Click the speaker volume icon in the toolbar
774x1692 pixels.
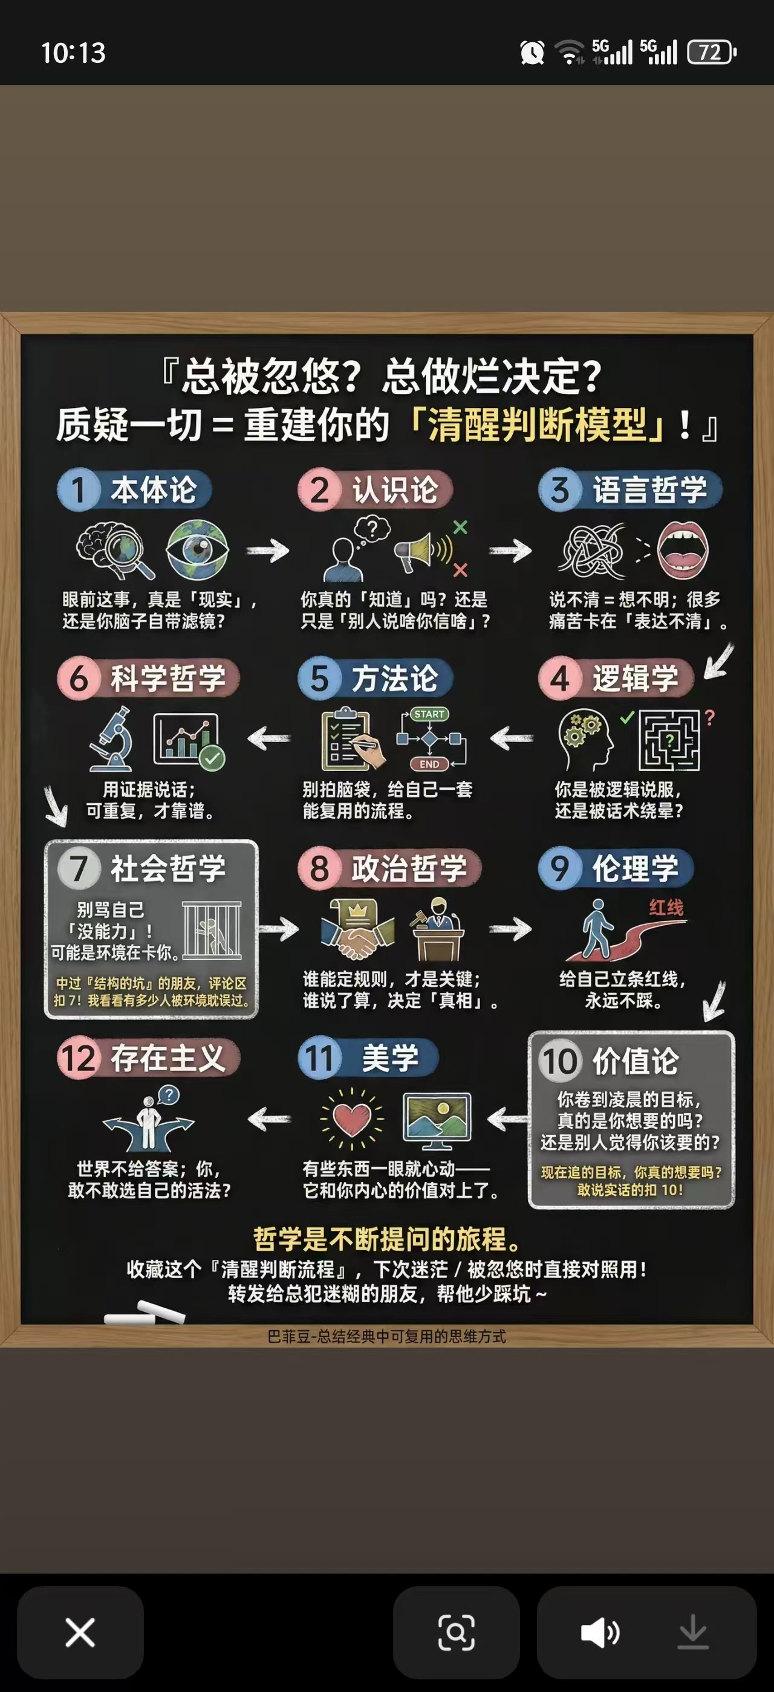[599, 1633]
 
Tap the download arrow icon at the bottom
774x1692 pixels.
[692, 1633]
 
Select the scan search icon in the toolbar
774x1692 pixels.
[456, 1633]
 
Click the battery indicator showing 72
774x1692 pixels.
[711, 52]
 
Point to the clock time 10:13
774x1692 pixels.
[73, 53]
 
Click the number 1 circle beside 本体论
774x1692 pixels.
[78, 490]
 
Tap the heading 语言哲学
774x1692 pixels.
[649, 490]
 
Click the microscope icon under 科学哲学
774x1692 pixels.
[112, 738]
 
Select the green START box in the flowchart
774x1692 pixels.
[429, 714]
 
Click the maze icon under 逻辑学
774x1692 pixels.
[669, 740]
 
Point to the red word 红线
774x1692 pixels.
[666, 907]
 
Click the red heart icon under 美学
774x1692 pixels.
[351, 1119]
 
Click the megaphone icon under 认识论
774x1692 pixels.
[420, 550]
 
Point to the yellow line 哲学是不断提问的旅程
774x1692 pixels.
[387, 1239]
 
